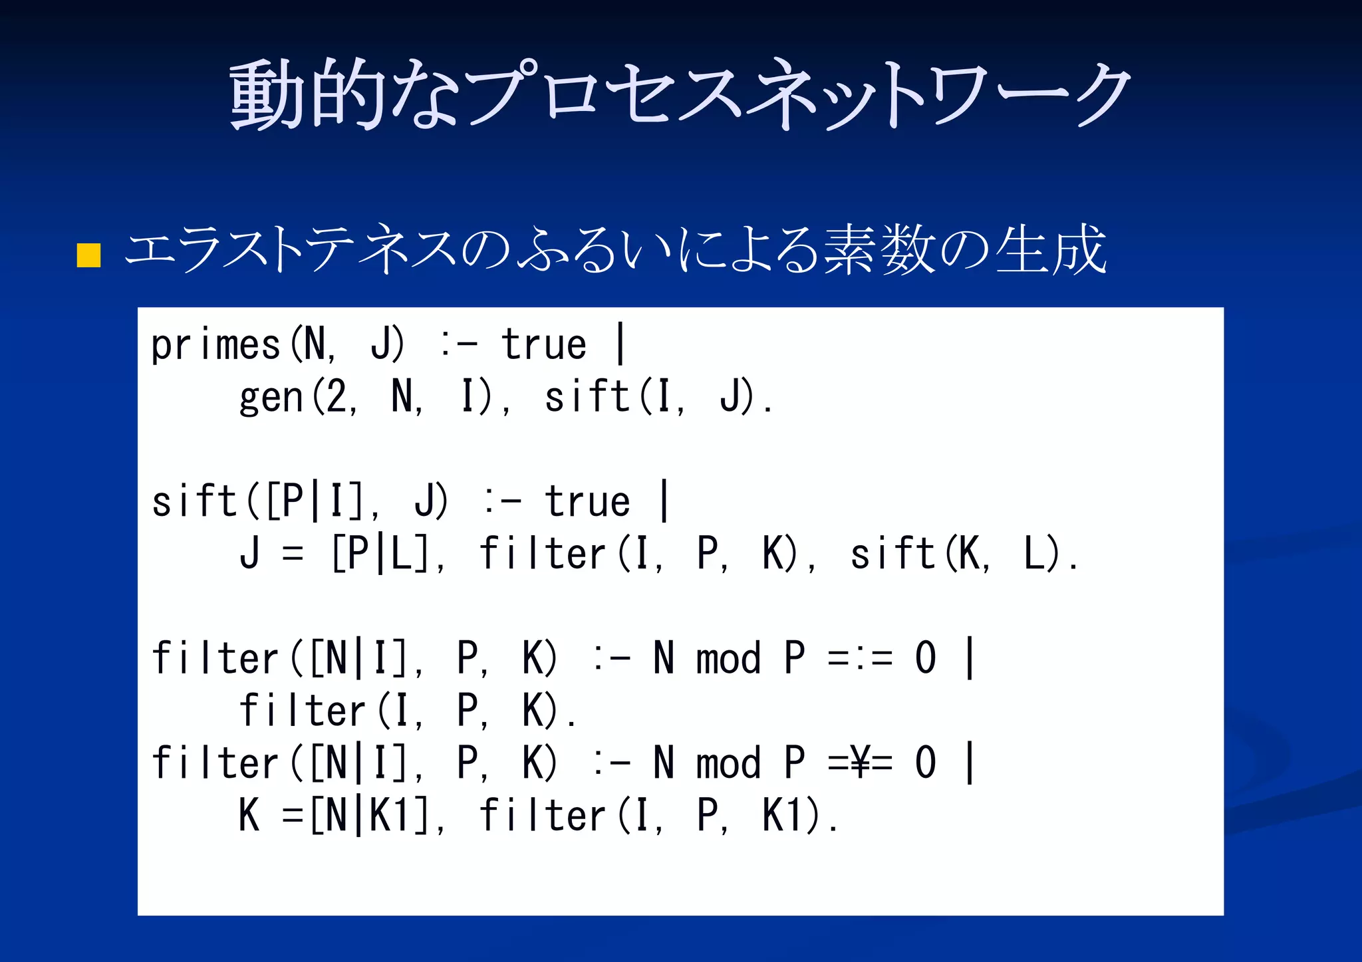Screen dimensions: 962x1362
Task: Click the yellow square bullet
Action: pyautogui.click(x=88, y=255)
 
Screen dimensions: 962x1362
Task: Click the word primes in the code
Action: pyautogui.click(x=215, y=345)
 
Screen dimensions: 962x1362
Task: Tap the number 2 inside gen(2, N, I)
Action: pyautogui.click(x=336, y=397)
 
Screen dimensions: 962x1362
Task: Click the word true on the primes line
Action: pyautogui.click(x=543, y=345)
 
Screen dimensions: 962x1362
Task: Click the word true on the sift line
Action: pyautogui.click(x=587, y=502)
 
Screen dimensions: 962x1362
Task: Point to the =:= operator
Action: pyautogui.click(x=860, y=659)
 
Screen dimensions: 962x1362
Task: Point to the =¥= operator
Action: pyautogui.click(x=860, y=763)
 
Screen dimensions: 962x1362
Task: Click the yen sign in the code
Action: pyautogui.click(x=861, y=763)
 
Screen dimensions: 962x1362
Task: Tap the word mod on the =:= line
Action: pyautogui.click(x=728, y=659)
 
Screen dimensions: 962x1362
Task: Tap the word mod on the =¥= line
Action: pyautogui.click(x=728, y=763)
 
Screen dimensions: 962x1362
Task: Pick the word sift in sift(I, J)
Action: pyautogui.click(x=587, y=397)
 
